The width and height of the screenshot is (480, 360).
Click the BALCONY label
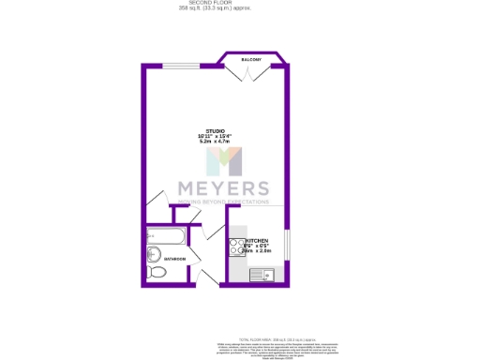[250, 59]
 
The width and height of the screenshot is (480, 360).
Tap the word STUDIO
[215, 130]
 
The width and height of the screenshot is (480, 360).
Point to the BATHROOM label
[175, 259]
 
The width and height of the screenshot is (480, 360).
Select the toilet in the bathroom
[157, 272]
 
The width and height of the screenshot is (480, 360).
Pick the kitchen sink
[266, 275]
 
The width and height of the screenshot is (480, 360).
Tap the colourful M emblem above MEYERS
[222, 160]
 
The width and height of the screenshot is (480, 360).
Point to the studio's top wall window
[180, 66]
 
